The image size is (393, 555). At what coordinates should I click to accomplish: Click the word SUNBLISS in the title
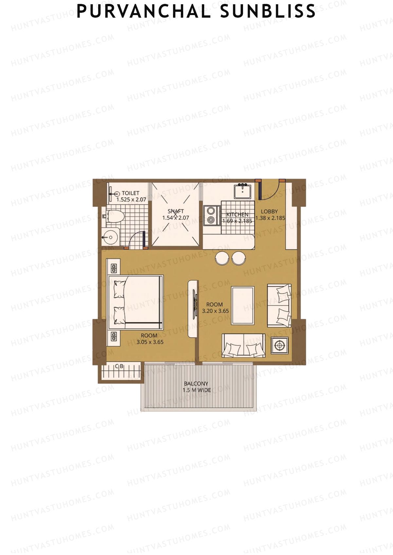tap(268, 11)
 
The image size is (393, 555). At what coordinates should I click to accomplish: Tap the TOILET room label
tap(130, 193)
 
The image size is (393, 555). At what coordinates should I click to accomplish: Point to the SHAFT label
tap(176, 211)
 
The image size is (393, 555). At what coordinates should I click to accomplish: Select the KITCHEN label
tap(237, 215)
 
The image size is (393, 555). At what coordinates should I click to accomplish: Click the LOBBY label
tap(269, 212)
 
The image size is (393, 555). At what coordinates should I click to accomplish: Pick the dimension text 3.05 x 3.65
tap(150, 342)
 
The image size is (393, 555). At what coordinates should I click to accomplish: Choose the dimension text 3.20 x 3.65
tap(215, 311)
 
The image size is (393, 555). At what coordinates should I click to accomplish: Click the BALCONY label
tap(196, 384)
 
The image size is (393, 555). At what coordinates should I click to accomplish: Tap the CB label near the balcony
tap(119, 366)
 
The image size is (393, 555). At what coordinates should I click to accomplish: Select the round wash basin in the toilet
tap(110, 237)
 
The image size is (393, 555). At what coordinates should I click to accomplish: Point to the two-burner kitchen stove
tap(212, 215)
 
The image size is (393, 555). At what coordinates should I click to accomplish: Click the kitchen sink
tap(243, 191)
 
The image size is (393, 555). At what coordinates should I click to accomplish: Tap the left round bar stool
tap(222, 258)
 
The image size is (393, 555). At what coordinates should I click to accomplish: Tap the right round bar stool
tap(239, 258)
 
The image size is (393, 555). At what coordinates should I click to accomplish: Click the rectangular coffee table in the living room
tap(243, 305)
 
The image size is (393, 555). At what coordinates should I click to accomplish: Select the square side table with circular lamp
tap(280, 345)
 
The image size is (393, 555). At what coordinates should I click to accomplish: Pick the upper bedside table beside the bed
tap(114, 266)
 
